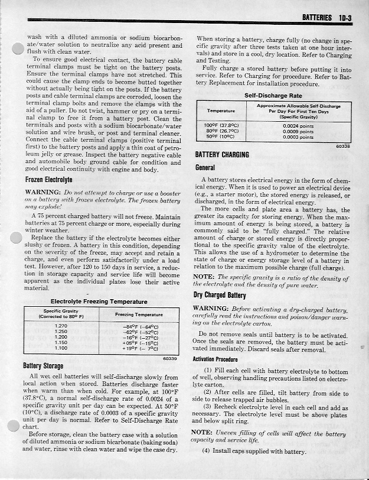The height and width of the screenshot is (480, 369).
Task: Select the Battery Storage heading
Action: (x=45, y=365)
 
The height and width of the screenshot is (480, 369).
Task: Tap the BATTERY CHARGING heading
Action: (x=222, y=155)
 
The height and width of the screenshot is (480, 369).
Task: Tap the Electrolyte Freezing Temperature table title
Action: (x=99, y=301)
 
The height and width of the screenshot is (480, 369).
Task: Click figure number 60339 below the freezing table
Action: (x=169, y=358)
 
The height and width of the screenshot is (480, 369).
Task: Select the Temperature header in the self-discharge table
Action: (x=222, y=111)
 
